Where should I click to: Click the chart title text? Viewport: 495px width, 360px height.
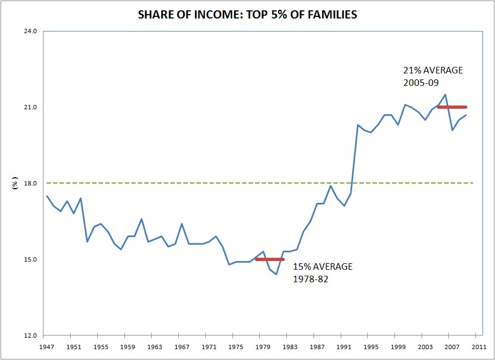coord(247,15)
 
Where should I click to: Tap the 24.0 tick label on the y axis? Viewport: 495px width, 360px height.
coord(31,31)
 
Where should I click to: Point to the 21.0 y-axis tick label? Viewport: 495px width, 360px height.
coord(31,107)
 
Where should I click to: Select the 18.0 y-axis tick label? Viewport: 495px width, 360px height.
coord(31,183)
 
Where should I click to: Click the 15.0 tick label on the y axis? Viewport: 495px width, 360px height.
coord(31,259)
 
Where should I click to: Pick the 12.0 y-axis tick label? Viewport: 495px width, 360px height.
coord(31,336)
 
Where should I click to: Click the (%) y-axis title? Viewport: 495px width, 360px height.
coord(16,183)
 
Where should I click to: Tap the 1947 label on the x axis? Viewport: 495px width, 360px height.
coord(47,346)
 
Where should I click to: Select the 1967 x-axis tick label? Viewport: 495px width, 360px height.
coord(181,346)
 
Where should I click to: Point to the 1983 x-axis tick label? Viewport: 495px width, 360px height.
coord(289,346)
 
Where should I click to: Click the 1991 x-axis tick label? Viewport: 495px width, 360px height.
coord(343,346)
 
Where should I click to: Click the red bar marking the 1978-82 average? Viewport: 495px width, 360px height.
coord(270,259)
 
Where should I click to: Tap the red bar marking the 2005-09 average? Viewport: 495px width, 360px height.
coord(452,107)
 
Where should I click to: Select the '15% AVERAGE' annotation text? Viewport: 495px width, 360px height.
coord(323,266)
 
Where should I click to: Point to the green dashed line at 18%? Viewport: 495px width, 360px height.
coord(163,183)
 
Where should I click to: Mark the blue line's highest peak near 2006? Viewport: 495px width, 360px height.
coord(446,95)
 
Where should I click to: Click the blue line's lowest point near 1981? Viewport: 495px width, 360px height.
coord(276,274)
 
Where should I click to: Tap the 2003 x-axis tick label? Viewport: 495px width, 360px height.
coord(423,346)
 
